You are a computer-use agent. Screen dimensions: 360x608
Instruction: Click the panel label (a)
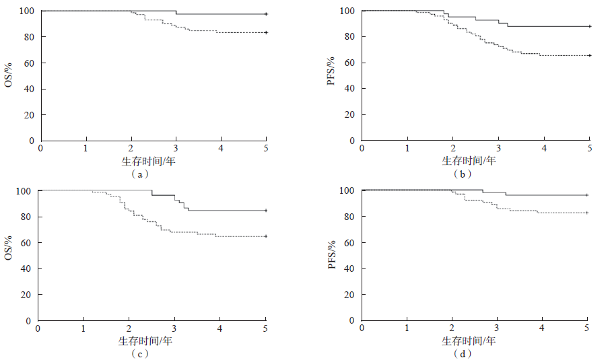(139, 173)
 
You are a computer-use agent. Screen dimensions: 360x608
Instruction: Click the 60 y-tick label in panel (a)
(30, 63)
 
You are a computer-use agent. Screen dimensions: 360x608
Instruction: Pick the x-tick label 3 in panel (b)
(498, 147)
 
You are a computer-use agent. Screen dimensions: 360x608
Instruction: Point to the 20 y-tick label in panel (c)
(28, 295)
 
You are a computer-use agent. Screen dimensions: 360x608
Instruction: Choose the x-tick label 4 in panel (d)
(542, 328)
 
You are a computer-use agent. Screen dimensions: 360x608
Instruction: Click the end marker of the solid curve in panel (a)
(266, 14)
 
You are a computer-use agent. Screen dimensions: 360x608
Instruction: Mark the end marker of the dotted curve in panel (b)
(589, 55)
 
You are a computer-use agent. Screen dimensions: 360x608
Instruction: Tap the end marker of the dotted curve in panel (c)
(266, 236)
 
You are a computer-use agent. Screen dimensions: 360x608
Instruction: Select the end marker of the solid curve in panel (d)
(587, 195)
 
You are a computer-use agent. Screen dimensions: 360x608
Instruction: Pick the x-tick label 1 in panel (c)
(83, 328)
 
